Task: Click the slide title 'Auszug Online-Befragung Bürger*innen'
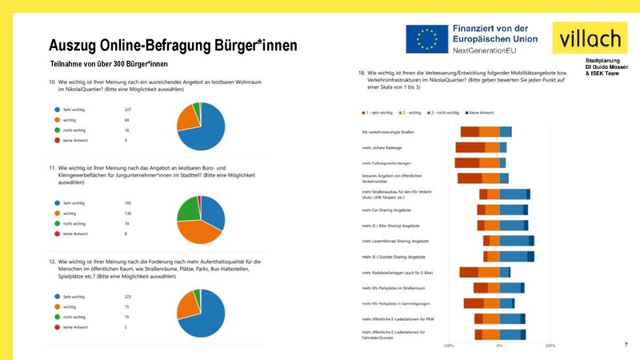pos(173,45)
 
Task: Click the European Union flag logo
pos(426,39)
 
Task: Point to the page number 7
pos(626,343)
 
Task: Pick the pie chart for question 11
pos(200,218)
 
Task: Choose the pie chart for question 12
pos(201,313)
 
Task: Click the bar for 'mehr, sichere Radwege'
pos(481,147)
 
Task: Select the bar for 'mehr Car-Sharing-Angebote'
pos(502,210)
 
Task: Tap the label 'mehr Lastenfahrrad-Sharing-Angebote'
pos(395,241)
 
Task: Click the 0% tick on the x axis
pos(499,346)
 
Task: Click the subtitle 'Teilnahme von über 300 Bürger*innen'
pos(109,63)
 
